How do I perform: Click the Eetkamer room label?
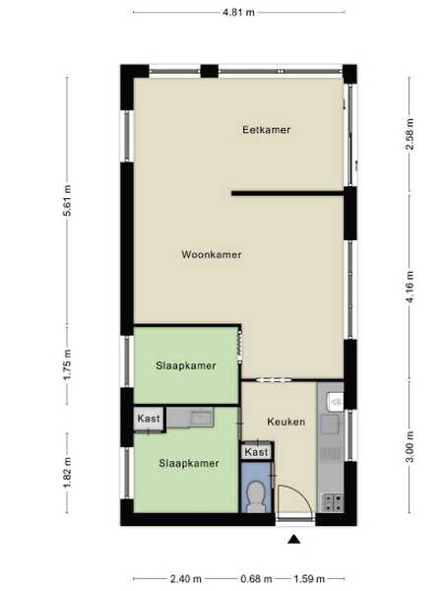pyautogui.click(x=266, y=130)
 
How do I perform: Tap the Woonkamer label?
pyautogui.click(x=212, y=254)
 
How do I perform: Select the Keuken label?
pyautogui.click(x=286, y=422)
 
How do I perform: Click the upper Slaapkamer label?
pyautogui.click(x=186, y=365)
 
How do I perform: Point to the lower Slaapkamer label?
pyautogui.click(x=189, y=463)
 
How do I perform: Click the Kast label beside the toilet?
pyautogui.click(x=256, y=451)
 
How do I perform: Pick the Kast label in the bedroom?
pyautogui.click(x=149, y=418)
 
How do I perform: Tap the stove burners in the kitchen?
pyautogui.click(x=333, y=502)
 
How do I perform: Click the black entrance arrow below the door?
pyautogui.click(x=294, y=540)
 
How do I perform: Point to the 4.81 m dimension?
pyautogui.click(x=238, y=12)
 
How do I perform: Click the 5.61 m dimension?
pyautogui.click(x=67, y=201)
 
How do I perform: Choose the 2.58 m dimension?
pyautogui.click(x=410, y=134)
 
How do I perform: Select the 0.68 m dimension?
pyautogui.click(x=256, y=578)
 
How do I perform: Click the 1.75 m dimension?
pyautogui.click(x=67, y=364)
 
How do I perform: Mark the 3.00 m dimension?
pyautogui.click(x=410, y=446)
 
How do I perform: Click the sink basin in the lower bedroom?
pyautogui.click(x=202, y=418)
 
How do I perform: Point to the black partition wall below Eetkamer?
pyautogui.click(x=287, y=193)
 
